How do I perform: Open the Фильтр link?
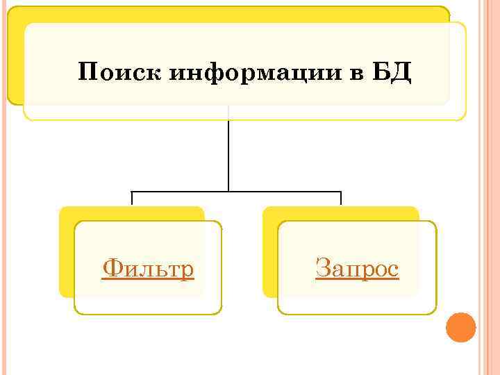point(148,268)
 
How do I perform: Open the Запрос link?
point(357,268)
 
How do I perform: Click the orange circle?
point(460,327)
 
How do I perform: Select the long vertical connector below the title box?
point(228,153)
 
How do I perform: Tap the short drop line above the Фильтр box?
point(132,198)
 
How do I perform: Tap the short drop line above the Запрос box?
point(341,198)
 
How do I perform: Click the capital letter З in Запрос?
point(322,267)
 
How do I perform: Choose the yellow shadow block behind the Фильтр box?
point(66,250)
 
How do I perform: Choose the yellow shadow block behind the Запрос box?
point(269,250)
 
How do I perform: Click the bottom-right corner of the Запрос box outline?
point(435,313)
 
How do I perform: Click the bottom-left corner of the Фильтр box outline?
point(76,313)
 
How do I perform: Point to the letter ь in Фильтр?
point(160,269)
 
